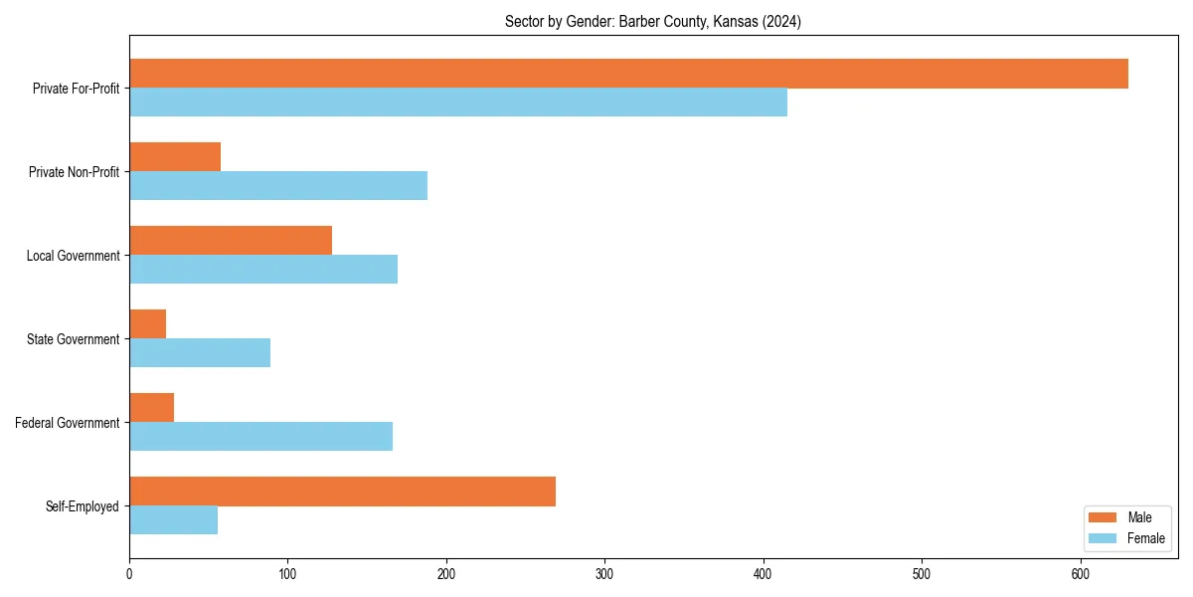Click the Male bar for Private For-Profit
[628, 74]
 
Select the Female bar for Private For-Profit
[458, 102]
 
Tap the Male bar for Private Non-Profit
[175, 157]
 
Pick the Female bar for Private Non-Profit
[278, 186]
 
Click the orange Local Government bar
[231, 241]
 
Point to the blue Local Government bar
[263, 270]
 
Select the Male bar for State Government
[148, 324]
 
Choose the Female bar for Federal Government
[260, 437]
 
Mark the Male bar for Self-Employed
[342, 492]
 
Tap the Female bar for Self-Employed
[173, 520]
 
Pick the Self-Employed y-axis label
[83, 506]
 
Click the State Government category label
[74, 339]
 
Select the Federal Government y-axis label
[68, 423]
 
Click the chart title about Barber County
[653, 21]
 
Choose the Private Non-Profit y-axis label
[74, 172]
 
